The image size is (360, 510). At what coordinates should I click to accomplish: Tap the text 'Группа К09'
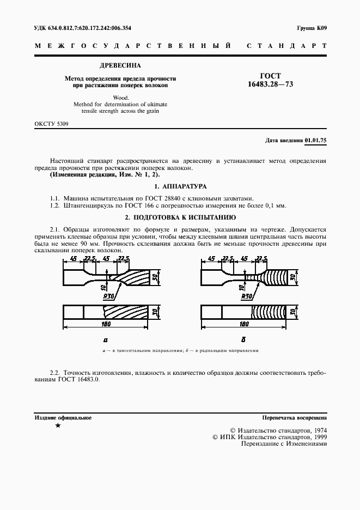[312, 28]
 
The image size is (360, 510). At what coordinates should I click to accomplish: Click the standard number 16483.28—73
[270, 84]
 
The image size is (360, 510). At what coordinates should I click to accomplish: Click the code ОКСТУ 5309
[51, 124]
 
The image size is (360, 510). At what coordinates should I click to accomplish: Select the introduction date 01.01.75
[315, 141]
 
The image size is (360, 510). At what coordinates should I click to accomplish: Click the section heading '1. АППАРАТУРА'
[180, 186]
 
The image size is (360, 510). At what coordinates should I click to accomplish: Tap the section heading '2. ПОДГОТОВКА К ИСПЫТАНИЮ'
[180, 217]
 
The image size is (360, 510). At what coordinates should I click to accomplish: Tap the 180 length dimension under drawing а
[106, 324]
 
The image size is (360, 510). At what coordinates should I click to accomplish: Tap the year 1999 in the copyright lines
[316, 436]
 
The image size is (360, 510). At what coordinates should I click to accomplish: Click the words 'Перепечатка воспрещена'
[294, 418]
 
